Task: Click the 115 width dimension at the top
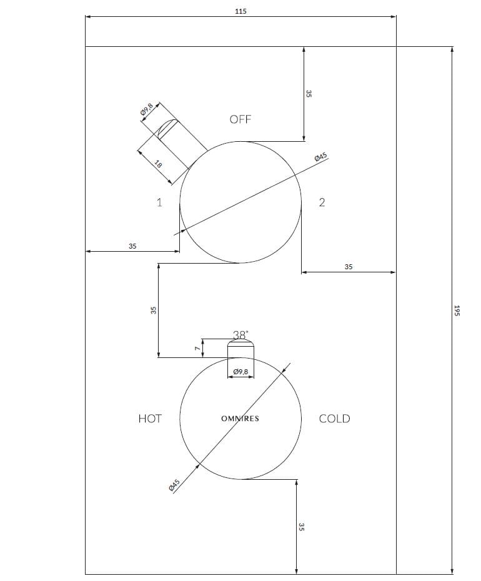click(x=241, y=11)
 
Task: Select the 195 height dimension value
click(x=457, y=310)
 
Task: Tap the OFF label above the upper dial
click(x=241, y=119)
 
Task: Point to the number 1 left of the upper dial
click(x=159, y=202)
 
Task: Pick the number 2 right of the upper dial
click(x=322, y=202)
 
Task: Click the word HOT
click(x=150, y=419)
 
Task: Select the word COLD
click(x=334, y=419)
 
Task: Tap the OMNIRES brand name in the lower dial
click(x=240, y=419)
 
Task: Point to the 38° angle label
click(x=241, y=334)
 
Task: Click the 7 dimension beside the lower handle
click(x=196, y=349)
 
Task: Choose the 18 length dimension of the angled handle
click(x=159, y=165)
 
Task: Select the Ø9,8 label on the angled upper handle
click(x=147, y=111)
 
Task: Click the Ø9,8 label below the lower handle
click(x=240, y=372)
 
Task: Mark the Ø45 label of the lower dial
click(x=174, y=485)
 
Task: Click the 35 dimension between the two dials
click(x=153, y=310)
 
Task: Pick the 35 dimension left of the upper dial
click(x=132, y=246)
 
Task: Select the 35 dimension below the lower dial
click(x=302, y=527)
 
